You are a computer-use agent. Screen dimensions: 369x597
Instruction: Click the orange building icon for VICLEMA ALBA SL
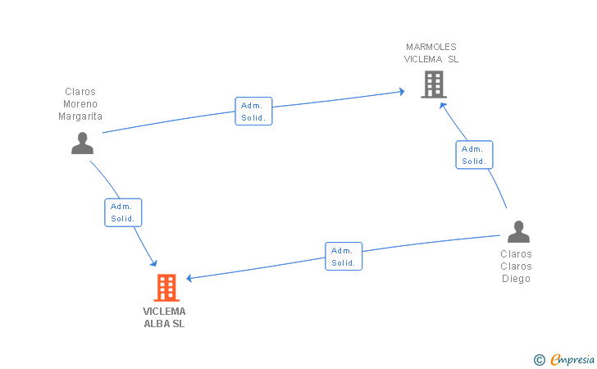click(166, 287)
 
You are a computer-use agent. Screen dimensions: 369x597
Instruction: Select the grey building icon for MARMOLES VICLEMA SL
click(433, 84)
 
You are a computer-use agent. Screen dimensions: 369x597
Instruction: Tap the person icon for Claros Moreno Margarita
click(82, 143)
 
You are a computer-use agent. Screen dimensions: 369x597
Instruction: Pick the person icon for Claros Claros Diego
click(518, 232)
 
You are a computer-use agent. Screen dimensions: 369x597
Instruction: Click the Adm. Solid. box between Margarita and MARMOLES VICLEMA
click(253, 112)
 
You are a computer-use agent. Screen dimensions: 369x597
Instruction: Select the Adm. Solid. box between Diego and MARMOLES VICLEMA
click(474, 155)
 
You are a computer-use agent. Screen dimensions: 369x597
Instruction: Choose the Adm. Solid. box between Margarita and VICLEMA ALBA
click(123, 212)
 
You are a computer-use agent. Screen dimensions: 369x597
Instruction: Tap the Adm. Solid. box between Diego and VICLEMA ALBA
click(344, 257)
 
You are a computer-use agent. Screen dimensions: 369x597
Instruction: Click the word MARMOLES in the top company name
click(431, 47)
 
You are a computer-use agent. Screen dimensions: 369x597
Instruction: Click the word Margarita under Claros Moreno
click(80, 116)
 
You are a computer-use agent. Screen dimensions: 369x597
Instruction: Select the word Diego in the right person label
click(516, 279)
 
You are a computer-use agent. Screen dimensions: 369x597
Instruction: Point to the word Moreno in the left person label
click(80, 104)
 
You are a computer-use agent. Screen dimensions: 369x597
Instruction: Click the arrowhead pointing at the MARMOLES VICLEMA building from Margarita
click(401, 91)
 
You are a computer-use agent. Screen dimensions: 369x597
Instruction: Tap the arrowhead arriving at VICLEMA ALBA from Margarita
click(153, 262)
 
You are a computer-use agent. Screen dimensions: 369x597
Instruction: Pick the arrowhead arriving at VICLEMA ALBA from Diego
click(190, 278)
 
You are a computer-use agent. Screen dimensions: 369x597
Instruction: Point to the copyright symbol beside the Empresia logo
click(540, 359)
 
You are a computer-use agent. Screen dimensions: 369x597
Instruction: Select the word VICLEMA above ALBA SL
click(164, 312)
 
